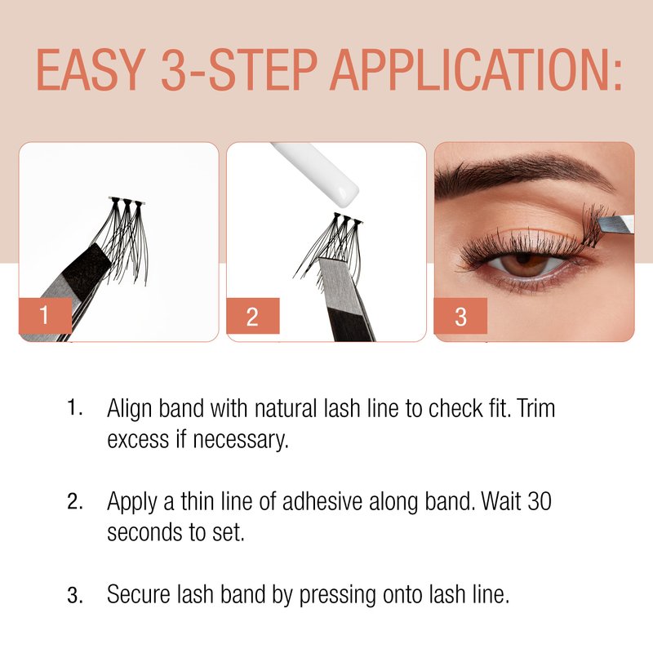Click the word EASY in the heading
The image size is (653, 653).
(91, 69)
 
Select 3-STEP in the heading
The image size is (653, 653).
(239, 69)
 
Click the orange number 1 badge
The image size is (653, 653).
(45, 315)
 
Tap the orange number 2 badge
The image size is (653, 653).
(252, 316)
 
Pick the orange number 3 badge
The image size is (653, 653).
(460, 316)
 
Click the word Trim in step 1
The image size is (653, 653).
(536, 408)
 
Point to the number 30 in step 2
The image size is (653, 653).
(540, 501)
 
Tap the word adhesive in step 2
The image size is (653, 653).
(322, 501)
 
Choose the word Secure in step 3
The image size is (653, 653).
(139, 594)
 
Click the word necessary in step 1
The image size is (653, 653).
(241, 440)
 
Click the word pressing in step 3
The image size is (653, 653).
(337, 596)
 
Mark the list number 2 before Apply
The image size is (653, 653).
(74, 502)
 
